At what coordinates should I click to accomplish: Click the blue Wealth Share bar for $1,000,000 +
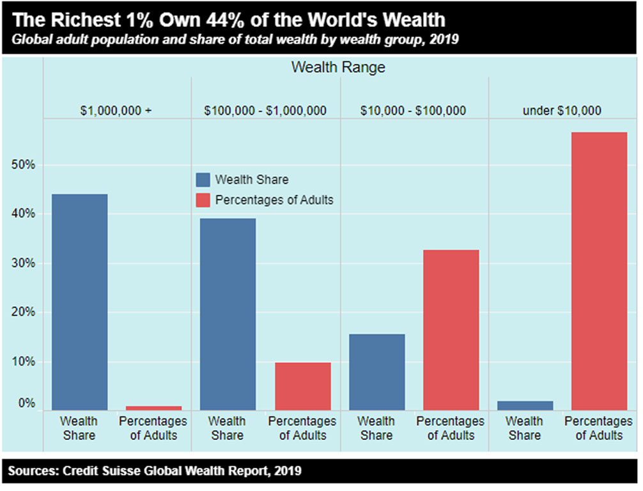click(x=79, y=302)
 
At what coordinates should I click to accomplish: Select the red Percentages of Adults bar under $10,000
click(x=599, y=271)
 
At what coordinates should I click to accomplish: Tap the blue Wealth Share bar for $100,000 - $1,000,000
click(x=228, y=314)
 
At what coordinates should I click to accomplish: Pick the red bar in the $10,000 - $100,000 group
click(x=451, y=330)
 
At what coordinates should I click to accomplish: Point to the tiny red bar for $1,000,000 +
click(x=153, y=408)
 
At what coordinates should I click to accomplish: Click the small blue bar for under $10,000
click(x=525, y=405)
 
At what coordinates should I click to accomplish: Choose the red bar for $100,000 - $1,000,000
click(x=302, y=386)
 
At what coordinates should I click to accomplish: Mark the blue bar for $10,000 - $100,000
click(x=376, y=371)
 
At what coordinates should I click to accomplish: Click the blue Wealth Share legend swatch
click(x=203, y=180)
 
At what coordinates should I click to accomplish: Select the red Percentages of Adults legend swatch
click(x=203, y=200)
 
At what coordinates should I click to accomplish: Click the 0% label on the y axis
click(x=26, y=403)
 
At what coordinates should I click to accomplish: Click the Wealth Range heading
click(x=338, y=67)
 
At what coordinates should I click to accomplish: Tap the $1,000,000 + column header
click(x=116, y=111)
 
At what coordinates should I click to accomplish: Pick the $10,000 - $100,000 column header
click(x=413, y=111)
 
